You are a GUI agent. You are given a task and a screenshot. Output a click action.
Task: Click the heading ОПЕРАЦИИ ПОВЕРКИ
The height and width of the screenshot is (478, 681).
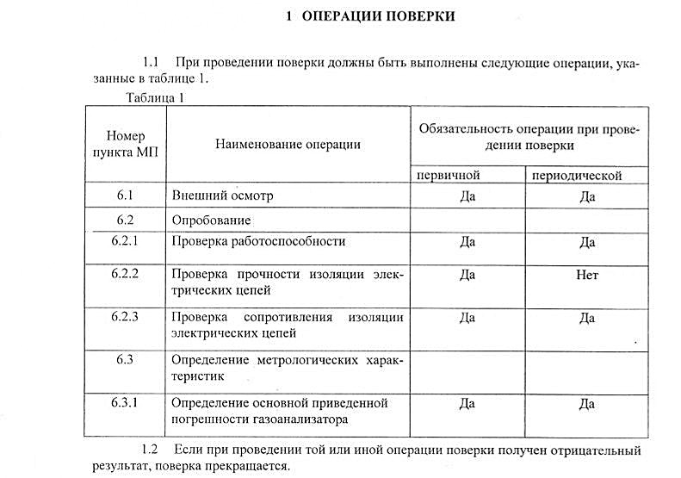(x=381, y=16)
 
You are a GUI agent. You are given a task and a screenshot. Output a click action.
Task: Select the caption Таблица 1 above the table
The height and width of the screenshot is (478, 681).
(x=155, y=97)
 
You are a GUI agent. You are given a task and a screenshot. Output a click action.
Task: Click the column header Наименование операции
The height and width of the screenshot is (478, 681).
(x=288, y=144)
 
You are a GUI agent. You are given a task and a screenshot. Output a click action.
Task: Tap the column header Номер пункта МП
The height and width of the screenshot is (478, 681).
(x=126, y=144)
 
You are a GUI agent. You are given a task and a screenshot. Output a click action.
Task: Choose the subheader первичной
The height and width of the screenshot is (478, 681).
(x=448, y=176)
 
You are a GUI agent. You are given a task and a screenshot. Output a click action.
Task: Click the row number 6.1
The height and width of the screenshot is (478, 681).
(x=126, y=196)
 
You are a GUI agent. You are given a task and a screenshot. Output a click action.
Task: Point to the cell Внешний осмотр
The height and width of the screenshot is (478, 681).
(x=222, y=196)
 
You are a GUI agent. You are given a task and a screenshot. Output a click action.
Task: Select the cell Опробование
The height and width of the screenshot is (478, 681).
(x=212, y=220)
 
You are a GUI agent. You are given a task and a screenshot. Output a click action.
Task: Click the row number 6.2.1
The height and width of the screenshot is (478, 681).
(x=126, y=241)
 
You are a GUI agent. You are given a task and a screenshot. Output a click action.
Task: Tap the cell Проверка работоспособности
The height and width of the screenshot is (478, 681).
(x=258, y=242)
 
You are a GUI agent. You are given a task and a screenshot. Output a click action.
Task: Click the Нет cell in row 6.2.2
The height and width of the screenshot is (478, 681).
(x=587, y=276)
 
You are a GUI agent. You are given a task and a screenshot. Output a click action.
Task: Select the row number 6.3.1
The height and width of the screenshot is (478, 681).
(x=126, y=402)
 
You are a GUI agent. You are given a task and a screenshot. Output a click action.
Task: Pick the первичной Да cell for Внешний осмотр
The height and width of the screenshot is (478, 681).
(x=467, y=196)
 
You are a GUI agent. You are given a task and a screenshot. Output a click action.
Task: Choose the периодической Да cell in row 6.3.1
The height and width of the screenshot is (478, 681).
(x=587, y=403)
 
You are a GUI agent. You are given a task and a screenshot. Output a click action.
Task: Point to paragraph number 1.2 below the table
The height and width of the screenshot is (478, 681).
(x=149, y=450)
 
